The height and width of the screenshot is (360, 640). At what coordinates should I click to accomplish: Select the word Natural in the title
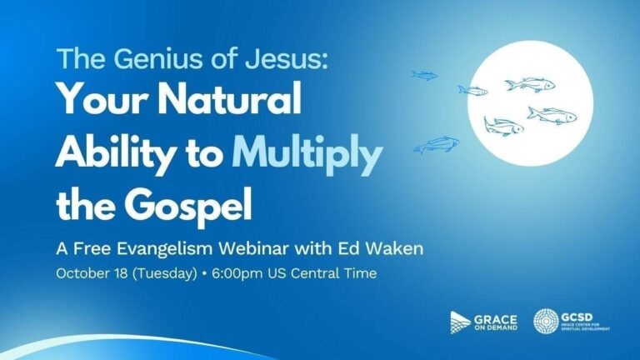[230, 98]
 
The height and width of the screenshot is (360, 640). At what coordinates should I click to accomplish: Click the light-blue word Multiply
[307, 153]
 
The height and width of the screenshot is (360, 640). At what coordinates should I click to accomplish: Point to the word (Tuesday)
[165, 273]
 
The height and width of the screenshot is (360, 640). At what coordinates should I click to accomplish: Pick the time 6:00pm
[237, 273]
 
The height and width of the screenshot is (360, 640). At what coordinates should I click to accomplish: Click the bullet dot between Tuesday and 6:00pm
[204, 274]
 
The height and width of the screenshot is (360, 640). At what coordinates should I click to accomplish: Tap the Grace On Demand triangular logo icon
[460, 322]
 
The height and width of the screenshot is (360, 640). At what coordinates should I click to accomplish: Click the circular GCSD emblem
[546, 321]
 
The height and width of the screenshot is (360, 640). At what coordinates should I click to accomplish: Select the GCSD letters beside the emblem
[577, 317]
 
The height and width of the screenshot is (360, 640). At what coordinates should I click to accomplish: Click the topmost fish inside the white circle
[530, 84]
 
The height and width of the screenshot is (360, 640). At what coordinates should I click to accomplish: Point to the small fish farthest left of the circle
[424, 75]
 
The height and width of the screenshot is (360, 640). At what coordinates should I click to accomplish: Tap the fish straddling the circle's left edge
[472, 91]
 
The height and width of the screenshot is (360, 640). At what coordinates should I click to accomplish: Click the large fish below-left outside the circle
[437, 144]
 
